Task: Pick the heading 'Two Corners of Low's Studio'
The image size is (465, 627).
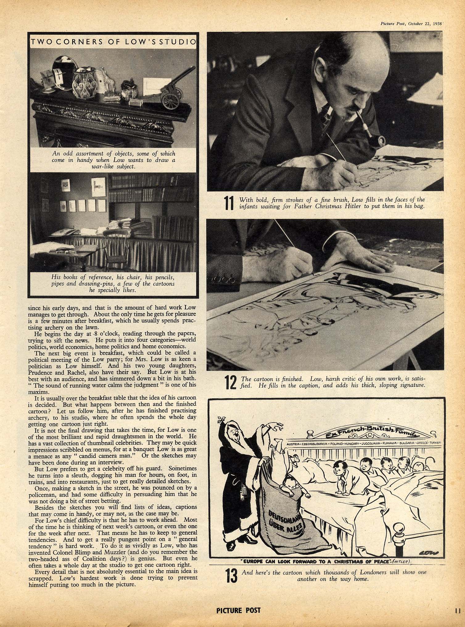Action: pyautogui.click(x=113, y=42)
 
